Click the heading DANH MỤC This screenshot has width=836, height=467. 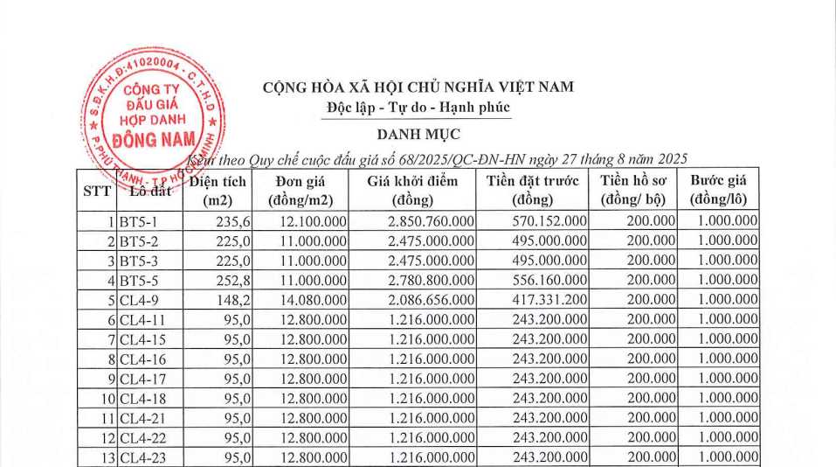[418, 134]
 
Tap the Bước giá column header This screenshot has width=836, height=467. [723, 190]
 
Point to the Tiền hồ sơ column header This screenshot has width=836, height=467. [638, 190]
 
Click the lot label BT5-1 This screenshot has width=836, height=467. [138, 221]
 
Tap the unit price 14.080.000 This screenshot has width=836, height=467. [314, 298]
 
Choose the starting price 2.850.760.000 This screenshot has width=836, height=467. [431, 221]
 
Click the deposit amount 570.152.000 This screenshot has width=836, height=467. [549, 221]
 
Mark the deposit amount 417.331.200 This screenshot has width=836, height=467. [549, 298]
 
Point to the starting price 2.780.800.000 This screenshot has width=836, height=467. [431, 279]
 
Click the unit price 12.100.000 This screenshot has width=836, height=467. [314, 221]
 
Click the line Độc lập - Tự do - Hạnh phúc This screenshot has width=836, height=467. [415, 108]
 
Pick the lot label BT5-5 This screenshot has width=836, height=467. [138, 279]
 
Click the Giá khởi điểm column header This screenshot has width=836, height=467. [413, 190]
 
